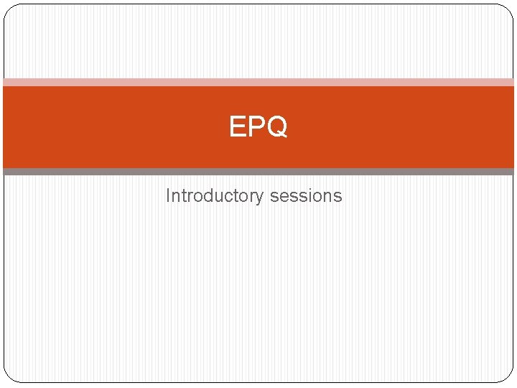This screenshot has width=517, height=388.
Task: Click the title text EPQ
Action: [258, 127]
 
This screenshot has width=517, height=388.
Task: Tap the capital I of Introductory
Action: [168, 195]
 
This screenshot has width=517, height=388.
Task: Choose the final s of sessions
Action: [338, 197]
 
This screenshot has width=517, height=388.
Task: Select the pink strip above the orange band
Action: [258, 82]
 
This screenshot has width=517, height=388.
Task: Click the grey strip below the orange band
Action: [258, 172]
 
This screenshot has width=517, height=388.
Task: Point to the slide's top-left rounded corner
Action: [9, 9]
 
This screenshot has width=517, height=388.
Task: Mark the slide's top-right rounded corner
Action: [508, 9]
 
